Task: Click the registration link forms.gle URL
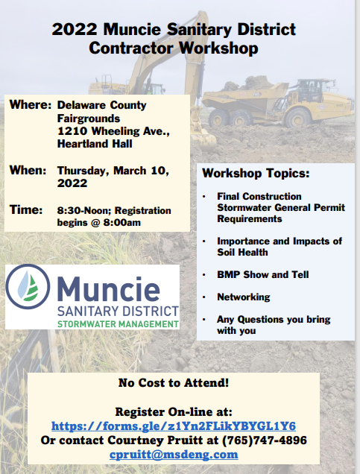[x=174, y=426]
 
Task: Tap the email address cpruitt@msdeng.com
[x=174, y=455]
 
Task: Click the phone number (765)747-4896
[x=265, y=440]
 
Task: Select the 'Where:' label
[x=31, y=105]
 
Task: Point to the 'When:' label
[x=28, y=170]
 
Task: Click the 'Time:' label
[x=26, y=209]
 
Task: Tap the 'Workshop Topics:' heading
[x=256, y=174]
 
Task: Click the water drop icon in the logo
[x=28, y=287]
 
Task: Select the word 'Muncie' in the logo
[x=109, y=288]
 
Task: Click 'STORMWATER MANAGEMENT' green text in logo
[x=118, y=324]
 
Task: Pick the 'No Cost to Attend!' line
[x=174, y=383]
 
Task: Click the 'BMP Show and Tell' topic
[x=262, y=274]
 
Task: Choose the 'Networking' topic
[x=243, y=297]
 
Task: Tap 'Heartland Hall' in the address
[x=95, y=144]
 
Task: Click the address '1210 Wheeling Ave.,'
[x=113, y=131]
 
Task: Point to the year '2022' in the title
[x=75, y=30]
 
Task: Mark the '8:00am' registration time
[x=122, y=223]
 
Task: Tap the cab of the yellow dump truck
[x=312, y=91]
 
